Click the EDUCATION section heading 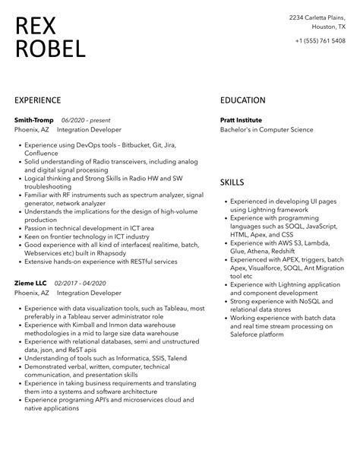point(243,100)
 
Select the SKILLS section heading point(232,183)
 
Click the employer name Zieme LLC point(31,282)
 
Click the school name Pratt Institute point(241,120)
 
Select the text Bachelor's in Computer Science point(266,130)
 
